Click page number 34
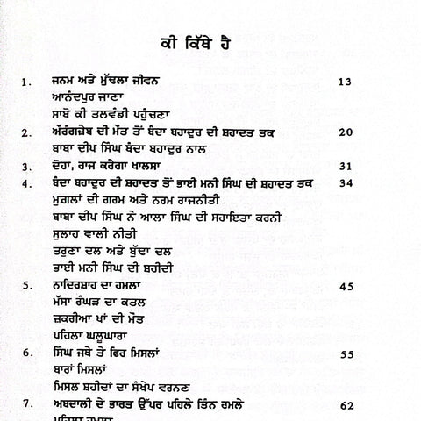point(344,182)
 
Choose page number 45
point(344,285)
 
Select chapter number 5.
point(29,285)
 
